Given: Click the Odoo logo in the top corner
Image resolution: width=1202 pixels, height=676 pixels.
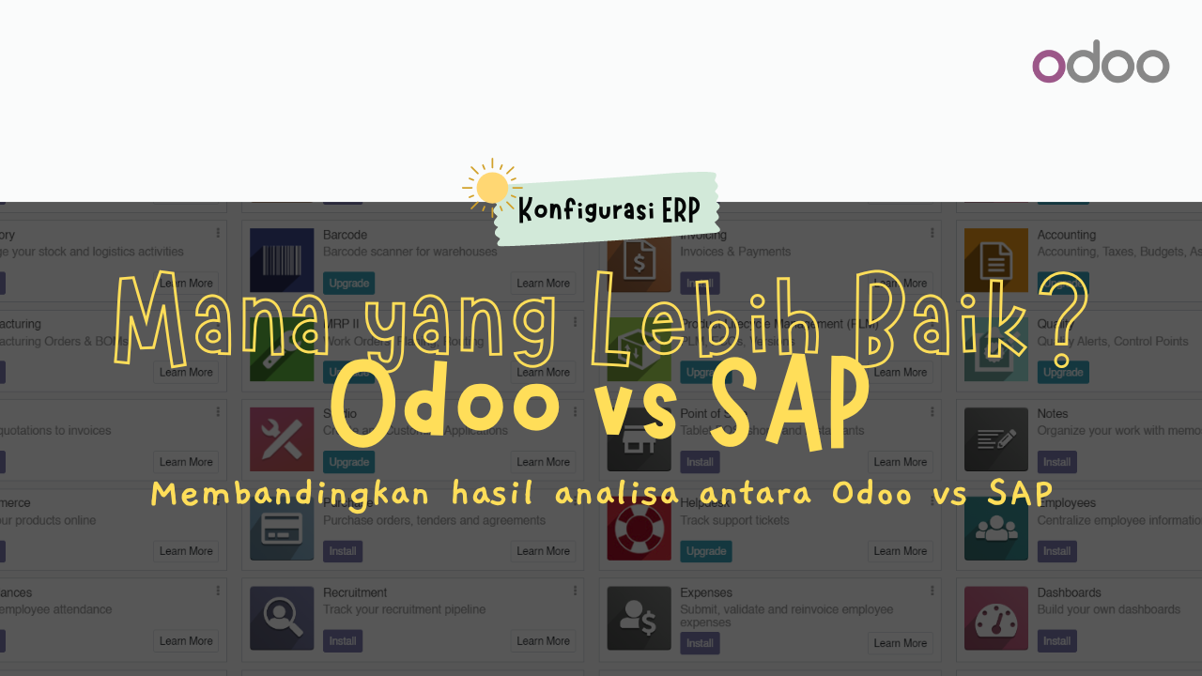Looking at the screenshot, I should tap(1101, 66).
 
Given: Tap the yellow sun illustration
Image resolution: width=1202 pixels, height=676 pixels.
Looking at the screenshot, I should tap(491, 188).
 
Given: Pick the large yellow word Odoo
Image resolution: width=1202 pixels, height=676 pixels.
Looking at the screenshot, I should tap(444, 404).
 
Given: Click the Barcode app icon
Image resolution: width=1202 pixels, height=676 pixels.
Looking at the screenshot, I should tap(282, 260).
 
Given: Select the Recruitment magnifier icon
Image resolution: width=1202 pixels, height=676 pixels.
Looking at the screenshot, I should tap(282, 618).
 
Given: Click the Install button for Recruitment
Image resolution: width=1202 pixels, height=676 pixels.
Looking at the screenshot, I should tap(343, 641).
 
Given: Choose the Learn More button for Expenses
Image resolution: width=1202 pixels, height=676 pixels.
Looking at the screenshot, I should tap(900, 643).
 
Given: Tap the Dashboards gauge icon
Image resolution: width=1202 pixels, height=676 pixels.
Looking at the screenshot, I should tap(995, 618).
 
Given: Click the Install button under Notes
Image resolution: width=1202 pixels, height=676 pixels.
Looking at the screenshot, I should tap(1056, 462).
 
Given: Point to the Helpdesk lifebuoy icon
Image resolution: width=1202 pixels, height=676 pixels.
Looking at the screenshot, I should tap(639, 529).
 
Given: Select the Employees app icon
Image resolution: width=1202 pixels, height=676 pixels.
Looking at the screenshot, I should tap(995, 529).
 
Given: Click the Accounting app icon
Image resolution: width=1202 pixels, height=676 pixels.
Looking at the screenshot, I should tap(995, 260).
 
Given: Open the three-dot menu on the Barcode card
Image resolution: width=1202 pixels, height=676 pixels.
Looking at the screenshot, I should tap(576, 233).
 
